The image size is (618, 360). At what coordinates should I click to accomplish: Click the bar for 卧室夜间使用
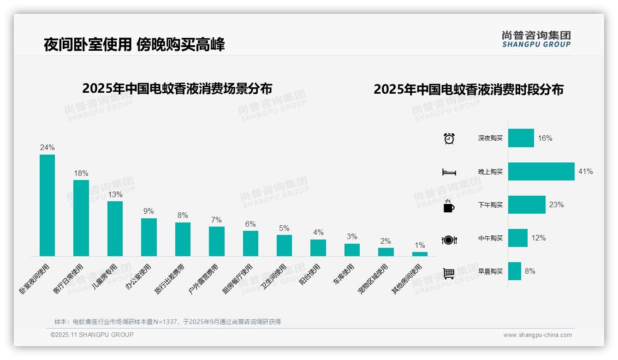(47, 205)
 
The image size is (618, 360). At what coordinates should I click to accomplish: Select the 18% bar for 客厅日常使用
(81, 218)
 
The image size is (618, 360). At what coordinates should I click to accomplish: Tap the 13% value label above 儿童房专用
(115, 195)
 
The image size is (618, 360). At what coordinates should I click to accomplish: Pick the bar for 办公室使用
(149, 237)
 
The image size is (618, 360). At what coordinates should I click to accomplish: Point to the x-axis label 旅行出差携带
(170, 279)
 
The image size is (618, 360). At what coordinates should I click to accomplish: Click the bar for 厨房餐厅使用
(250, 243)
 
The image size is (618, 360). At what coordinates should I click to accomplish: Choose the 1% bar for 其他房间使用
(420, 254)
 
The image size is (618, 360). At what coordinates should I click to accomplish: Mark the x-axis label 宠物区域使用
(373, 279)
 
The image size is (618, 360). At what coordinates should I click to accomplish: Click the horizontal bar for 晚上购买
(541, 171)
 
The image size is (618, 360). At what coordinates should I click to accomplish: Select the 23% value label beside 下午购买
(556, 204)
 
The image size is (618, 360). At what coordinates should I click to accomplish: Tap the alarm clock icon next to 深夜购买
(449, 138)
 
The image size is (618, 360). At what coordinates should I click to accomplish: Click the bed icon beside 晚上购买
(449, 172)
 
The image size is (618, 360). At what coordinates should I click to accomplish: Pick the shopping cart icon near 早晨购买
(449, 273)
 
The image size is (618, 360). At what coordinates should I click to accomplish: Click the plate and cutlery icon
(449, 240)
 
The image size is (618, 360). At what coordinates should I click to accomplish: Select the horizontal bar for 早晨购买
(515, 271)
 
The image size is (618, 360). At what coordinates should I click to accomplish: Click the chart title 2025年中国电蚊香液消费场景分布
(177, 89)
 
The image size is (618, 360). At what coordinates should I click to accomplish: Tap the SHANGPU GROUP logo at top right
(536, 39)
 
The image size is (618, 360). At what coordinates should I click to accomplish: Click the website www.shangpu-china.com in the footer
(537, 335)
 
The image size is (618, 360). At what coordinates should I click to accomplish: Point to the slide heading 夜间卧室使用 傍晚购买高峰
(134, 45)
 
